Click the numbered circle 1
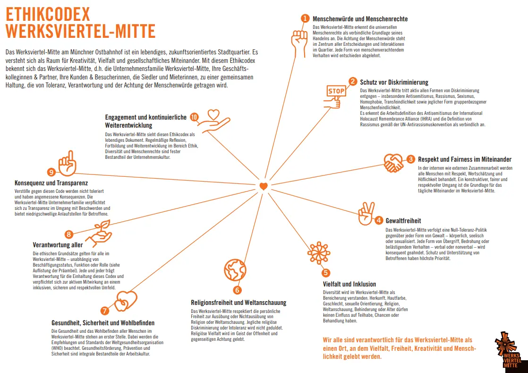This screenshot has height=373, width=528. (305, 18)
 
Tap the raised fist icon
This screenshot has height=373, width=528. (299, 43)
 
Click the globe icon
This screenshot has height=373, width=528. (235, 270)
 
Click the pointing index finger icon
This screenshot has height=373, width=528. (68, 163)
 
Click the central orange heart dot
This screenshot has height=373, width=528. (264, 186)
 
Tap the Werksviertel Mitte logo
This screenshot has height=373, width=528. (508, 350)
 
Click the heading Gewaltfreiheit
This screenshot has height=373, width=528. (403, 221)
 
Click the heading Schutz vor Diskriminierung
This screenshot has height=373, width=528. (394, 82)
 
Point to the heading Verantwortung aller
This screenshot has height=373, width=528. (58, 245)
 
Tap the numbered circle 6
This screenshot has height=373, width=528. (238, 290)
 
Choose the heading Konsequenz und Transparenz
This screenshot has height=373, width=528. (51, 182)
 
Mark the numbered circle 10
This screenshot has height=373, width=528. (195, 117)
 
